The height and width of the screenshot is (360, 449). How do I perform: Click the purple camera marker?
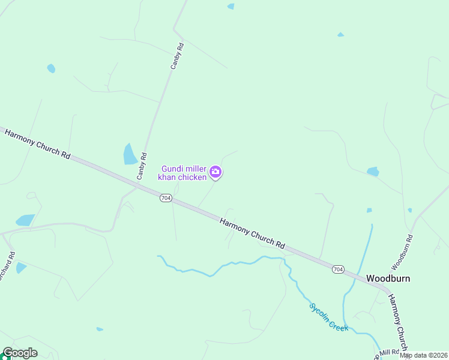215,173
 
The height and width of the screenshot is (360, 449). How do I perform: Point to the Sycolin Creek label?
328,316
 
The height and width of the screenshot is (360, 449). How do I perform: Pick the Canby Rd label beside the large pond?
142,166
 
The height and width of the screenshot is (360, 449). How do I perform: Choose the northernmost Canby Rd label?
176,56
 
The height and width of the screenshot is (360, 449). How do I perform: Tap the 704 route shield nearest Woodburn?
338,269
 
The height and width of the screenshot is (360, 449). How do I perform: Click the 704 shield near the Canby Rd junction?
166,198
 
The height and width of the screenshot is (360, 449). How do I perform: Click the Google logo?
20,353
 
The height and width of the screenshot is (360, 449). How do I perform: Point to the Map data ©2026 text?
423,355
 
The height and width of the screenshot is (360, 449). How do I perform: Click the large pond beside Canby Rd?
130,154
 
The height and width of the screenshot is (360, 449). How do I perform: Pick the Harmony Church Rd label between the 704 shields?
252,233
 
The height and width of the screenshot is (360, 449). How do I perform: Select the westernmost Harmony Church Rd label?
37,143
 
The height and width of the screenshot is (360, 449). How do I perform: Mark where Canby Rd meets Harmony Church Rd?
137,185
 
